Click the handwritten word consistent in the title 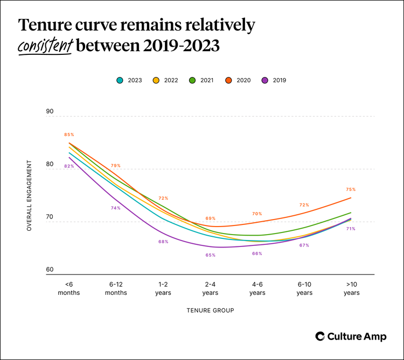(45, 46)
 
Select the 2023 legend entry (130, 80)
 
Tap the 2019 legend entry (274, 80)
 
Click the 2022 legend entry (165, 80)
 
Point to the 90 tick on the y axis (50, 112)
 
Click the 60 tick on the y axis (50, 270)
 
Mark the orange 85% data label (69, 135)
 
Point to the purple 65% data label (210, 255)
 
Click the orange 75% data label (351, 189)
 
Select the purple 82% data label (69, 166)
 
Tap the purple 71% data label (351, 229)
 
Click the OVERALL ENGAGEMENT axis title (30, 195)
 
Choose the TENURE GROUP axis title (210, 310)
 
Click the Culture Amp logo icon (319, 336)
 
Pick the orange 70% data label (257, 214)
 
